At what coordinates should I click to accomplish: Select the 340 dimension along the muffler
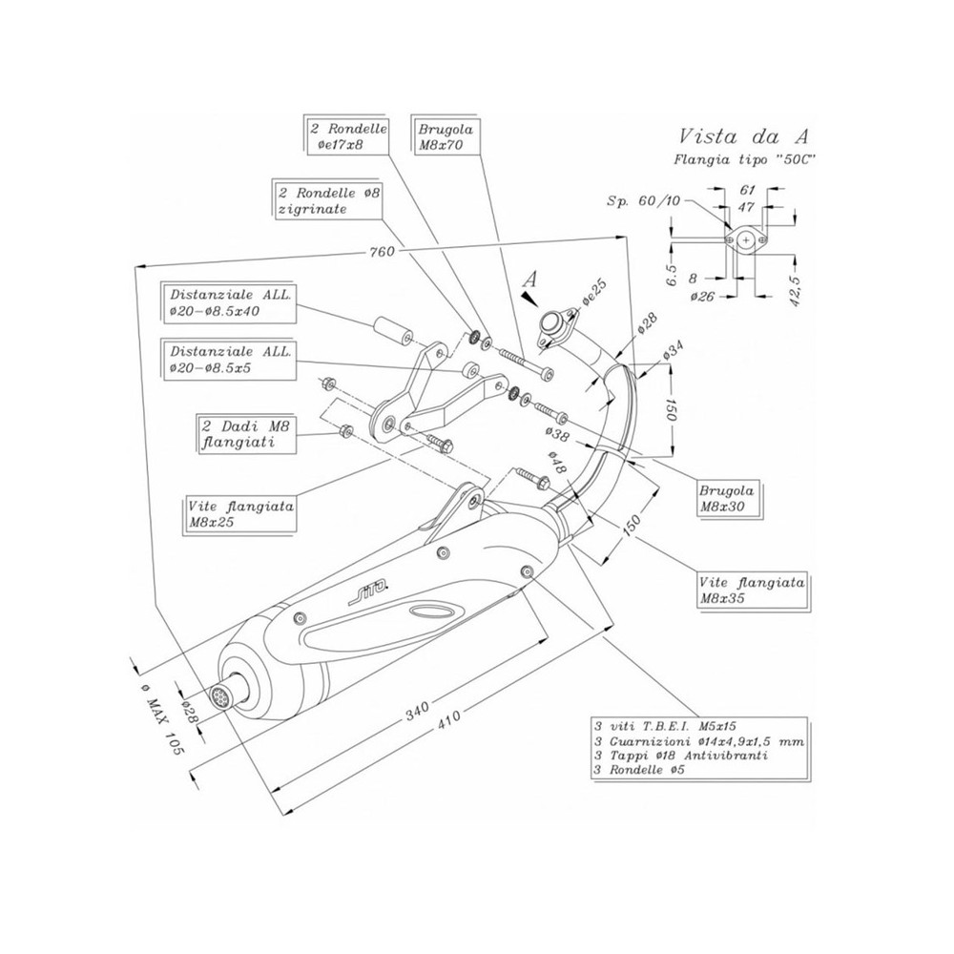point(418,707)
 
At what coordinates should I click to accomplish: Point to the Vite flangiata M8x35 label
point(752,590)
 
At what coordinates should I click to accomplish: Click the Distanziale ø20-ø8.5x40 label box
point(230,302)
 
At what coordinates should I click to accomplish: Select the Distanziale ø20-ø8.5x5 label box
point(230,359)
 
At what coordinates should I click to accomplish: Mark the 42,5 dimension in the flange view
point(794,283)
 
